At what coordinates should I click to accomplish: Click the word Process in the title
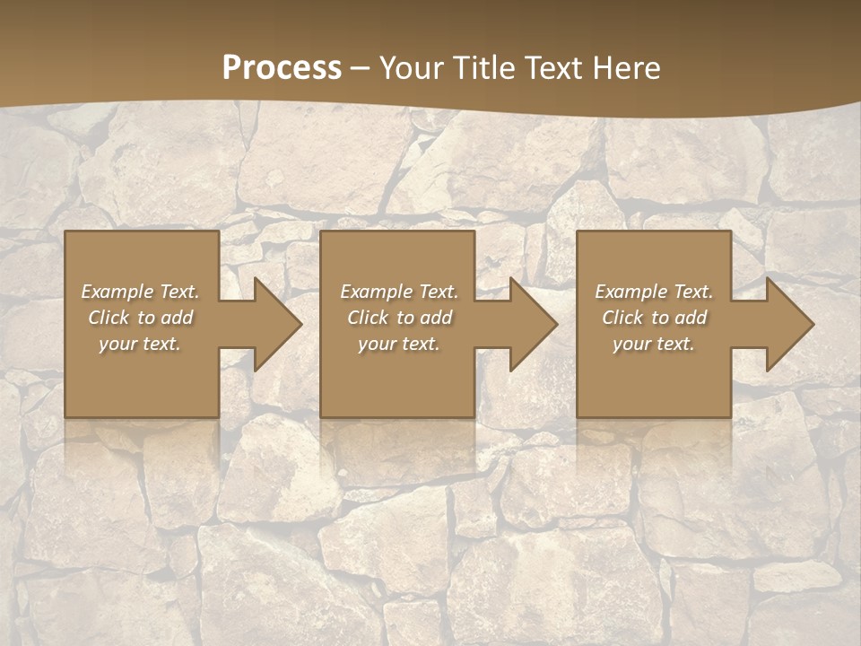[282, 68]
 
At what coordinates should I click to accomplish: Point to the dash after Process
[361, 69]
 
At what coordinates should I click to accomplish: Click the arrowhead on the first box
[269, 325]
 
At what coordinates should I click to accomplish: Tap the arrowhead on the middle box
[525, 325]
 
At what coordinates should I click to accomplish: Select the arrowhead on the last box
[780, 325]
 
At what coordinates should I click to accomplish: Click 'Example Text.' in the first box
[140, 292]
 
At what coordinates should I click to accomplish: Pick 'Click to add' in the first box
[140, 318]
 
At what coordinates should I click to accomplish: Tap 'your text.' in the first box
[140, 344]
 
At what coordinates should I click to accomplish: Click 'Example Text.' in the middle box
[398, 292]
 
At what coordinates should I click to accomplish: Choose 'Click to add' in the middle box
[398, 318]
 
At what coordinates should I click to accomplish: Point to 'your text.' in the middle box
[398, 344]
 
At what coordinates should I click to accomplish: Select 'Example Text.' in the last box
[654, 292]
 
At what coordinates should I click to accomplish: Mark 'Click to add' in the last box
[654, 318]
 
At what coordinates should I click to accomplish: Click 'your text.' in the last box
[654, 344]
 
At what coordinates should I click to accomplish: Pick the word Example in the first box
[117, 292]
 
